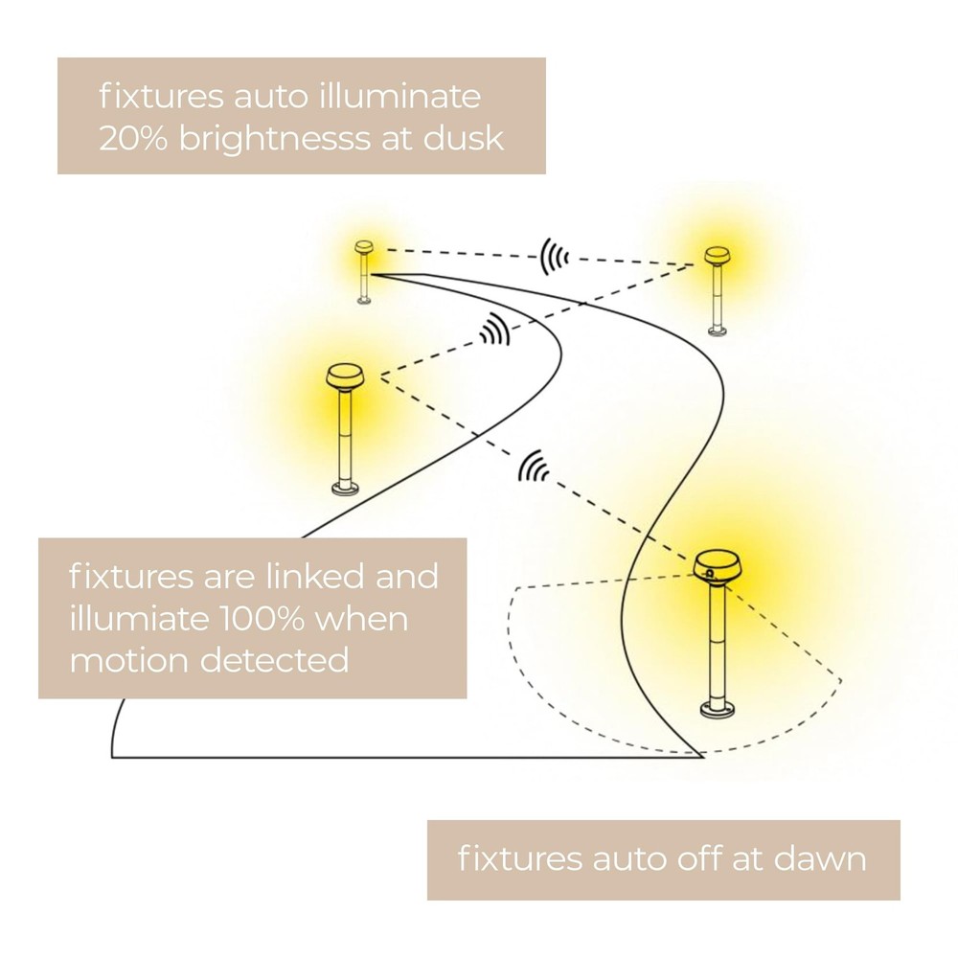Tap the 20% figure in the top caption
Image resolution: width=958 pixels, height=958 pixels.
click(132, 138)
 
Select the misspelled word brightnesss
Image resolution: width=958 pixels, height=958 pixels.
click(274, 139)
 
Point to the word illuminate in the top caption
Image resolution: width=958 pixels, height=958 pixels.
click(399, 96)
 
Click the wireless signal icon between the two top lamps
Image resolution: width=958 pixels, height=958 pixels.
click(554, 257)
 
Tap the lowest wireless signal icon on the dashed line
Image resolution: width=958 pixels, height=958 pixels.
click(533, 468)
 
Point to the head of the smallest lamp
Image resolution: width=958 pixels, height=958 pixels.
click(364, 247)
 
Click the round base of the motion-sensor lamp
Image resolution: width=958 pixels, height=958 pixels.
click(719, 708)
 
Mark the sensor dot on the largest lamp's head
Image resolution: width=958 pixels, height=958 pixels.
click(709, 573)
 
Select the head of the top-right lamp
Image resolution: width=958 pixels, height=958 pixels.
click(717, 256)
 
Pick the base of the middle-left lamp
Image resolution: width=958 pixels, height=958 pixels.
click(346, 489)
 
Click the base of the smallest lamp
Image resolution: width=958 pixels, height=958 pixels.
click(364, 300)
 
